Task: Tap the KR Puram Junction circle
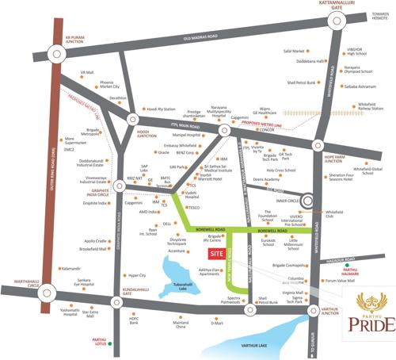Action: coord(56,53)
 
